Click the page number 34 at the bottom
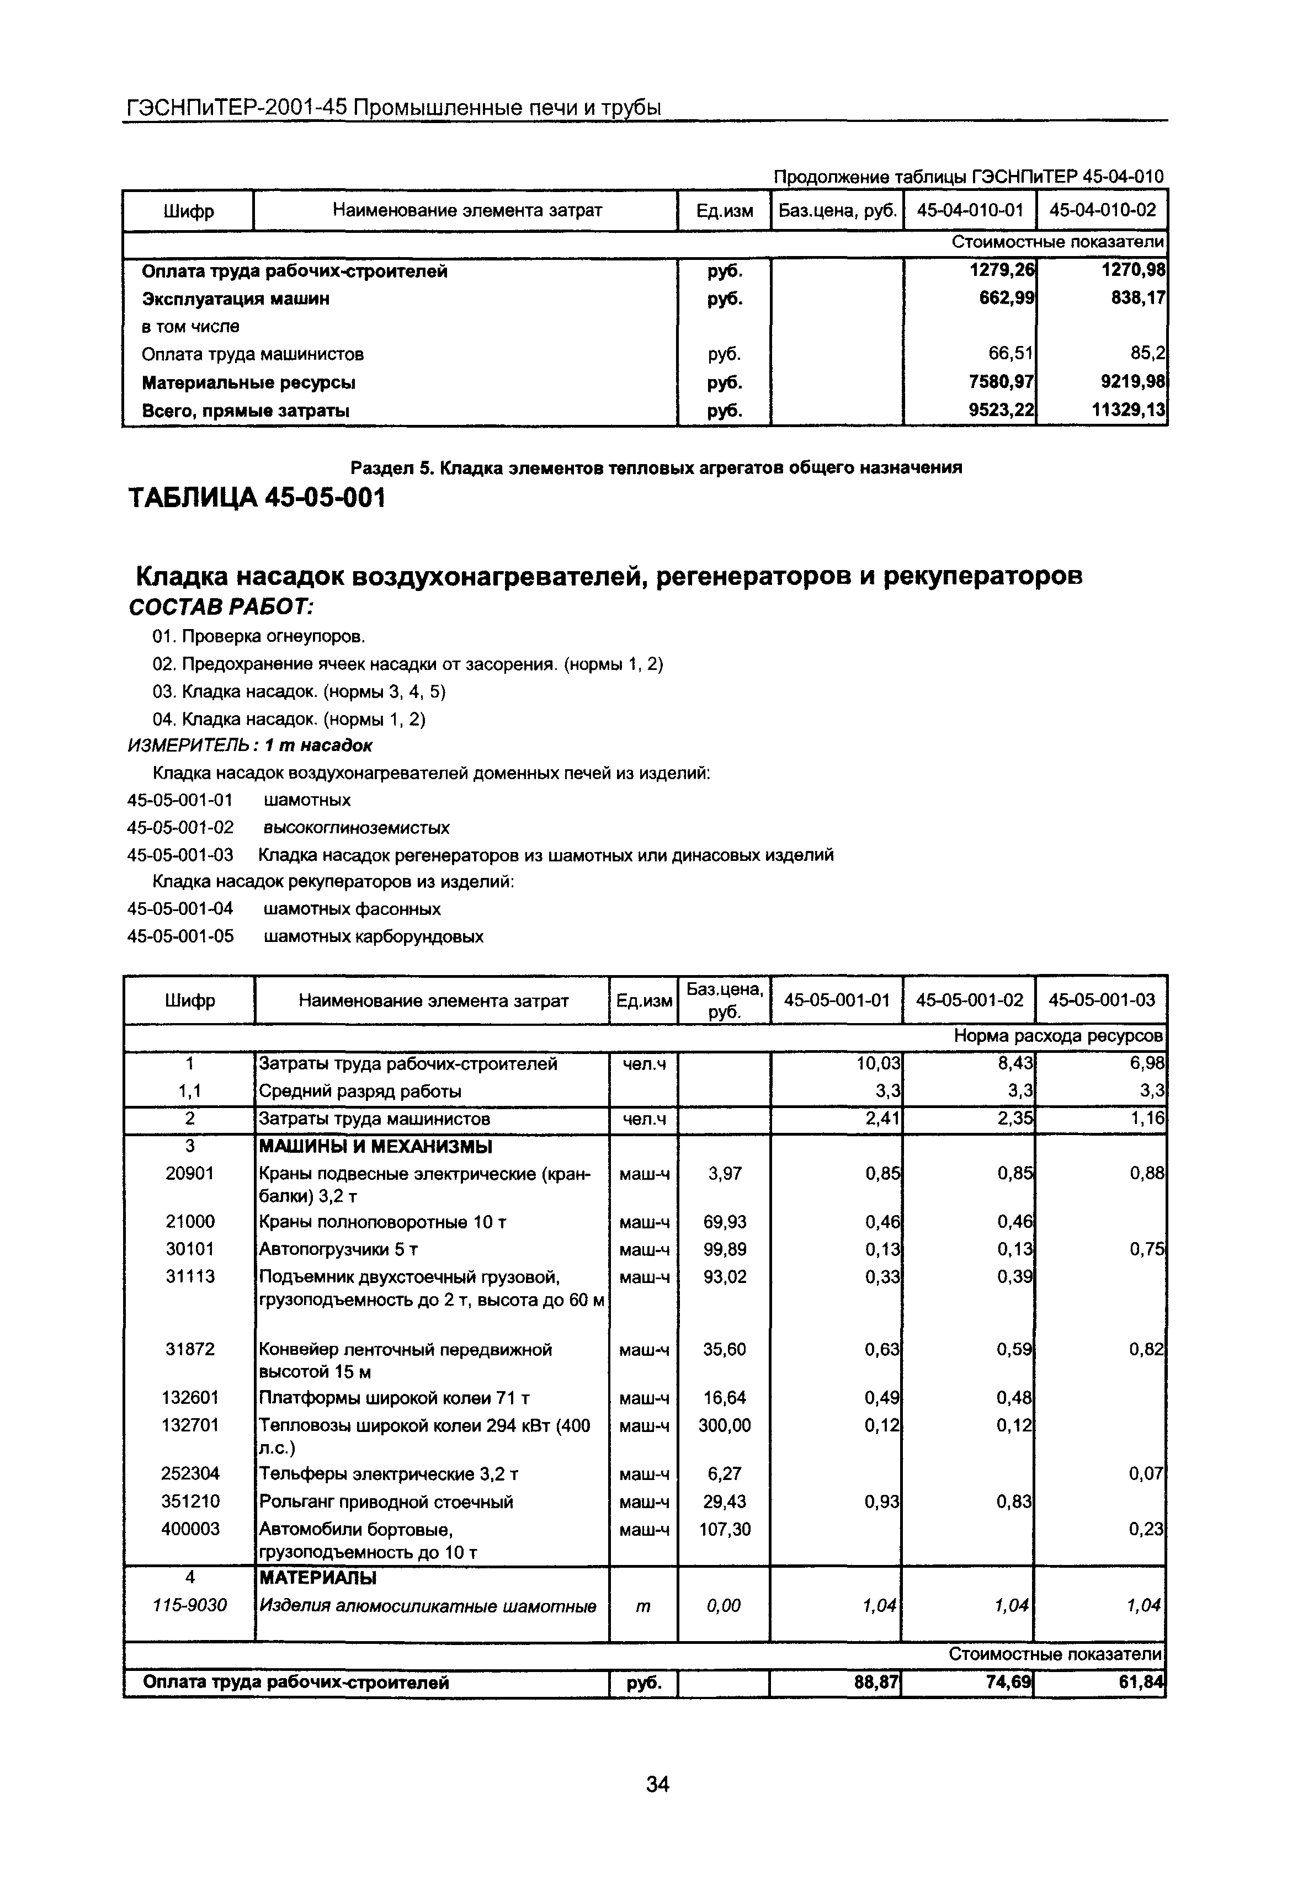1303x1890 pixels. (x=657, y=1785)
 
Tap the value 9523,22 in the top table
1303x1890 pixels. (x=1001, y=411)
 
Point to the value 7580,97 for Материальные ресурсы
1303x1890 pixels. (x=1001, y=382)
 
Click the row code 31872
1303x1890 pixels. (x=190, y=1350)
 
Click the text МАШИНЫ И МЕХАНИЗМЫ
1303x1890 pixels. (x=375, y=1147)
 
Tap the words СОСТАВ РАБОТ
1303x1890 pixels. (x=221, y=608)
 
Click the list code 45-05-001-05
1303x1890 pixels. (x=180, y=936)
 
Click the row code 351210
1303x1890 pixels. (x=190, y=1502)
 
